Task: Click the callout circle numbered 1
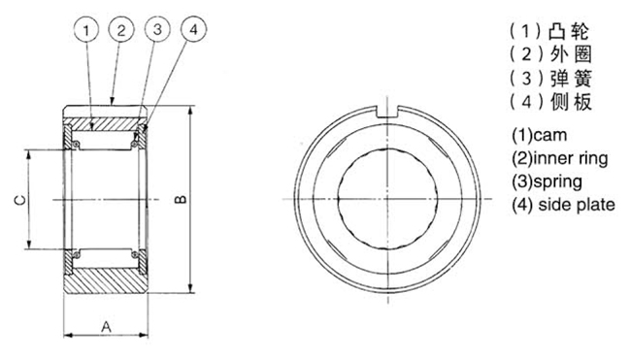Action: pos(86,30)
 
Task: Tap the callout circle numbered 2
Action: pos(121,30)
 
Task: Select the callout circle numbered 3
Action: pos(157,29)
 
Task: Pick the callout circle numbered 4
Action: pos(193,29)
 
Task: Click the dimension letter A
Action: pos(106,326)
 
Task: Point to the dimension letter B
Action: pos(181,199)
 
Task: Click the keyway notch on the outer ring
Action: pos(387,112)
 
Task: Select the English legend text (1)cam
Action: pos(539,135)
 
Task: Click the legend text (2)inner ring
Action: pos(560,158)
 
